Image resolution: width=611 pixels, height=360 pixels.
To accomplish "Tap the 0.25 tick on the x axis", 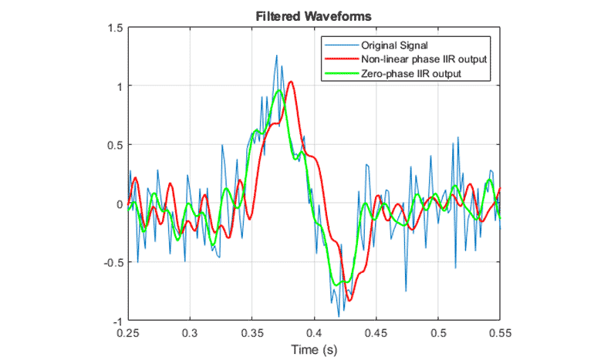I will pyautogui.click(x=128, y=332).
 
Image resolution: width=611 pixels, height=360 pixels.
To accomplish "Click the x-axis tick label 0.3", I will pyautogui.click(x=190, y=332).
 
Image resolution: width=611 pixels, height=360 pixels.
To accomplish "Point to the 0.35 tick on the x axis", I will pyautogui.click(x=252, y=332).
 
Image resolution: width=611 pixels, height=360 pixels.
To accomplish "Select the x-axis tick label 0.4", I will pyautogui.click(x=314, y=332).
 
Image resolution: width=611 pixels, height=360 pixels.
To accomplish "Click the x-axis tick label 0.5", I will pyautogui.click(x=438, y=332).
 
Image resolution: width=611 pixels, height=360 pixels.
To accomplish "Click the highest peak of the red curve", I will pyautogui.click(x=290, y=82).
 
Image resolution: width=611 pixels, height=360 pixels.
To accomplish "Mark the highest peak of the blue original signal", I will pyautogui.click(x=275, y=56).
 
